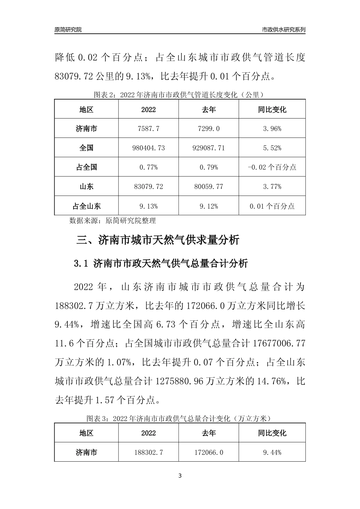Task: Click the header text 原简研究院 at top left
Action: [x=68, y=30]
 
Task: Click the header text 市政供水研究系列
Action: [x=284, y=30]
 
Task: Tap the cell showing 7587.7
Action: [x=149, y=129]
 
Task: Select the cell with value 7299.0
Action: [x=209, y=129]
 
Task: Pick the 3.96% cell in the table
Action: [x=272, y=129]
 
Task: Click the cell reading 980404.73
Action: [x=149, y=148]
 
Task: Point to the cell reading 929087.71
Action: [x=209, y=148]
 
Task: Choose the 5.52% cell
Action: [x=272, y=148]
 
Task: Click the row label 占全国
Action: [x=86, y=167]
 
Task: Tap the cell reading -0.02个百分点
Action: [x=272, y=167]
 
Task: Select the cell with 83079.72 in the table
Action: [x=149, y=187]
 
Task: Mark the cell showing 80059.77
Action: [x=209, y=187]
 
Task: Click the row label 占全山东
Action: [x=86, y=206]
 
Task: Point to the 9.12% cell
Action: [x=209, y=206]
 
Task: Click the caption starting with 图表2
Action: [x=180, y=94]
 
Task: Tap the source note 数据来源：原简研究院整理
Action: [x=113, y=220]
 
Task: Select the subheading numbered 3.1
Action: [x=161, y=264]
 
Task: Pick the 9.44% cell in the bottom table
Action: [x=272, y=453]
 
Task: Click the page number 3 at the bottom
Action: [x=180, y=476]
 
